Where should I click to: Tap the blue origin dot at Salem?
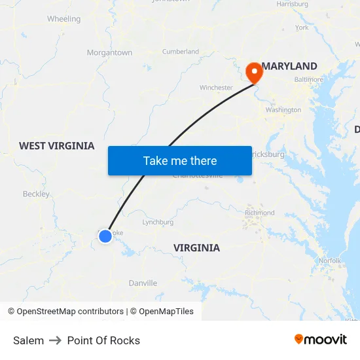(x=105, y=236)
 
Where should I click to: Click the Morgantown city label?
(x=109, y=52)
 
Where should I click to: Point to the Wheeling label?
(x=63, y=19)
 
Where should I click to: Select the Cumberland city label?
(x=180, y=51)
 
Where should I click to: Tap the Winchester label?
(x=216, y=87)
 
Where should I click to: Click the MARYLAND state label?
(x=289, y=66)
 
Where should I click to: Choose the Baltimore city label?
(x=308, y=79)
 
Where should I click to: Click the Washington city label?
(x=283, y=110)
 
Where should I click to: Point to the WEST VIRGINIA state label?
(x=56, y=146)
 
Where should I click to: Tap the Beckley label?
(x=36, y=194)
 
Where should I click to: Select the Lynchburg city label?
(x=158, y=222)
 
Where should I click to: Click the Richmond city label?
(x=260, y=213)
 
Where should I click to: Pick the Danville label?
(x=142, y=283)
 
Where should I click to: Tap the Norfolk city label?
(x=330, y=261)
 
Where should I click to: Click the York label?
(x=302, y=27)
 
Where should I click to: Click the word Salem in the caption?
(x=28, y=340)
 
